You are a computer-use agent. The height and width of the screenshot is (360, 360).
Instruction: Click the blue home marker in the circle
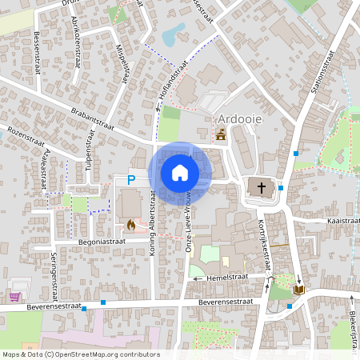179,172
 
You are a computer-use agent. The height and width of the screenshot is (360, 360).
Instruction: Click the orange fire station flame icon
131,225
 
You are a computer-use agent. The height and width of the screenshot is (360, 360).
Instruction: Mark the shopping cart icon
14,296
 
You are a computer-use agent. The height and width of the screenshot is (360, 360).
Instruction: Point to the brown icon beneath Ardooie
221,137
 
